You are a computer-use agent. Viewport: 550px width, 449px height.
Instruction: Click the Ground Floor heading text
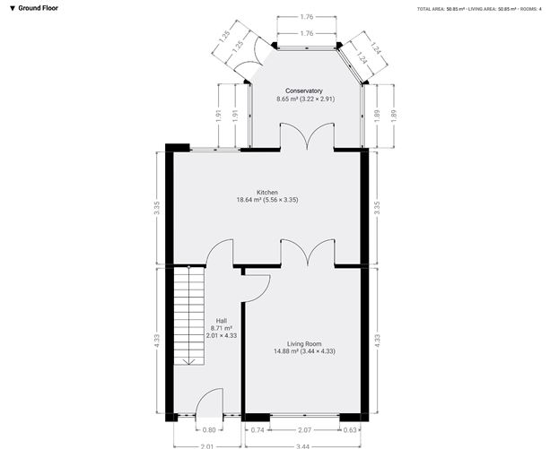(38, 8)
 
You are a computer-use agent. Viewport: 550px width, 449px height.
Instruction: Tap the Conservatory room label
(304, 91)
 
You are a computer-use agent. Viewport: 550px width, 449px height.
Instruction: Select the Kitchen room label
(267, 193)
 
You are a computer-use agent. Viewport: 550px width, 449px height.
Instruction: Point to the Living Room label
(304, 344)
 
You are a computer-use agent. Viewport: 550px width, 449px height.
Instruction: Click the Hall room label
(222, 321)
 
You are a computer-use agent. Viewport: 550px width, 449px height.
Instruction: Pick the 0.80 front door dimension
(209, 430)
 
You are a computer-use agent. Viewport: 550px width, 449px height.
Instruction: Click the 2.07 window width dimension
(304, 430)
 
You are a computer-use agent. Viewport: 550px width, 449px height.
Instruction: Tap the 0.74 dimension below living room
(258, 430)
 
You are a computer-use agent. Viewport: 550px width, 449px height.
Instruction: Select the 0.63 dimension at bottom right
(350, 430)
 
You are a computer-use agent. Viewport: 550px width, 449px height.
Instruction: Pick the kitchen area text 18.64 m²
(249, 200)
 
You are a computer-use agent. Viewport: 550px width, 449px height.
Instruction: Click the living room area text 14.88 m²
(286, 351)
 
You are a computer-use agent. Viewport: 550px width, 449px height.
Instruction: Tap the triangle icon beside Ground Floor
(13, 8)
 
